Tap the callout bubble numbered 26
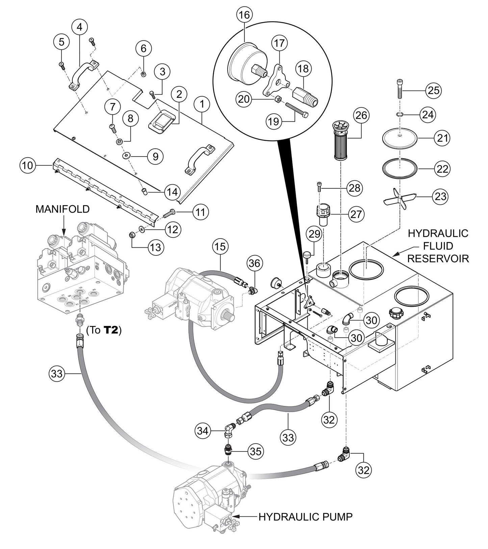[361, 115]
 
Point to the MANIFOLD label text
[62, 209]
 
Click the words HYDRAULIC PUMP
[305, 517]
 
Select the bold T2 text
[111, 330]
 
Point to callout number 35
[256, 451]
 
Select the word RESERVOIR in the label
[438, 258]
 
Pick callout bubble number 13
[156, 247]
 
